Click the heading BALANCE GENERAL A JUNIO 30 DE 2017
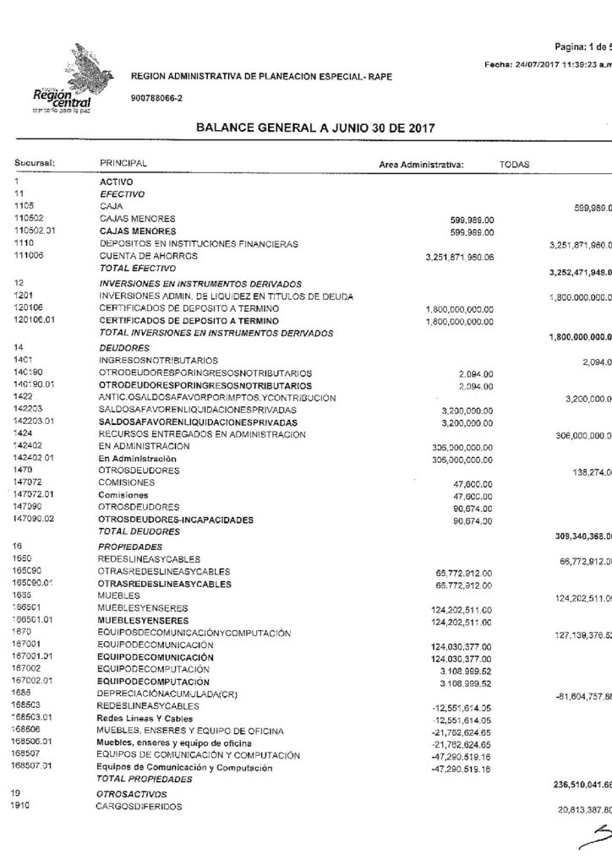point(314,129)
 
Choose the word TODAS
point(515,164)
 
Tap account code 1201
point(23,296)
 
